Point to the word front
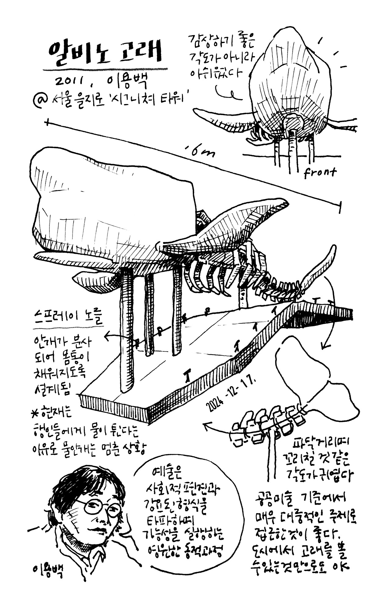point(320,173)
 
